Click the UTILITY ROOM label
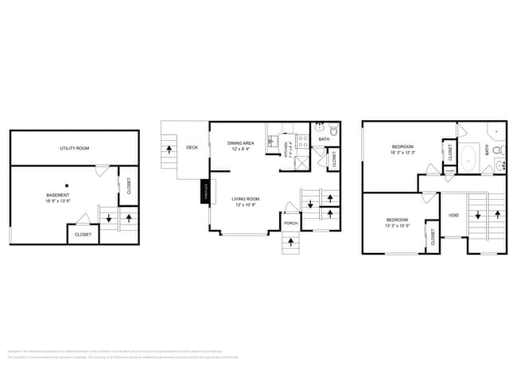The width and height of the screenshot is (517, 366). click(74, 149)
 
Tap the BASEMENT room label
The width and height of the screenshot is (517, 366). click(57, 195)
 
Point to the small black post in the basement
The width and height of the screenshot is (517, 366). click(68, 186)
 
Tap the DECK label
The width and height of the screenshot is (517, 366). click(192, 147)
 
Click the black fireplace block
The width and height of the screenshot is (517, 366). click(203, 192)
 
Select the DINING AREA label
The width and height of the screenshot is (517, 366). click(242, 142)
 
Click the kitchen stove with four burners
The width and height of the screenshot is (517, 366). click(301, 143)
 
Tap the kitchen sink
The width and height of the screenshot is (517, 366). click(281, 143)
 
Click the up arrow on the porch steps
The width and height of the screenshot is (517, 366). click(291, 242)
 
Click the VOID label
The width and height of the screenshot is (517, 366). click(453, 215)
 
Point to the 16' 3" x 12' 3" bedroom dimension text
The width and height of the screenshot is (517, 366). click(404, 153)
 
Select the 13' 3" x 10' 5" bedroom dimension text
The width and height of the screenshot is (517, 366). click(398, 226)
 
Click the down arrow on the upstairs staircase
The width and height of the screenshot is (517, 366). click(476, 215)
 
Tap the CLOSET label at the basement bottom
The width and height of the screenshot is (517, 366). click(83, 235)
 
